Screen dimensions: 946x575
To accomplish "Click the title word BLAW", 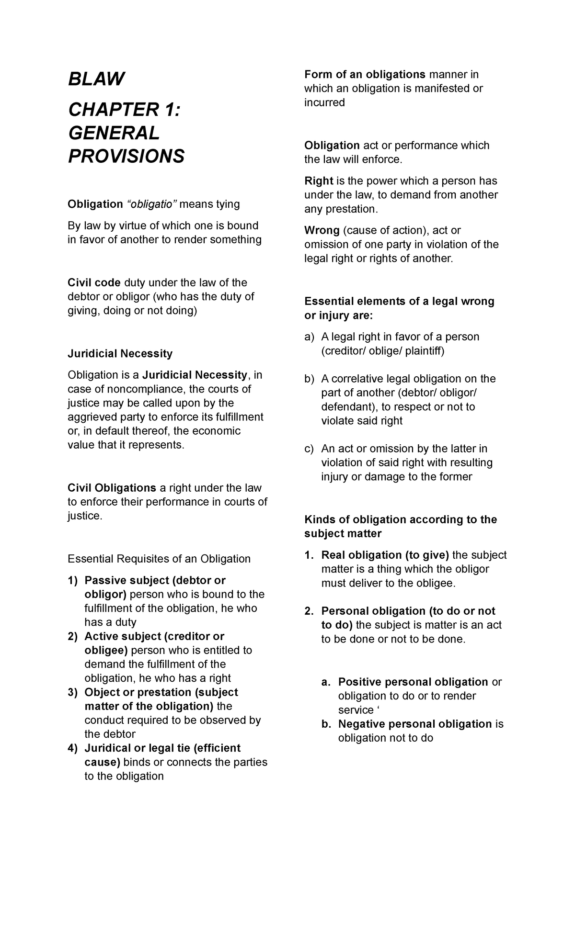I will [96, 79].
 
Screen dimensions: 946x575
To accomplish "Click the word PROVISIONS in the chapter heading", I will [126, 156].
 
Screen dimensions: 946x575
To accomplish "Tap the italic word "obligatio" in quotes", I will [151, 204].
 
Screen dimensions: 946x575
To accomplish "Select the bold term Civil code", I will [94, 282].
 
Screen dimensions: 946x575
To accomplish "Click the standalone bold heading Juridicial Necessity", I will [120, 353].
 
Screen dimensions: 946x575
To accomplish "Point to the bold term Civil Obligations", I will [112, 488].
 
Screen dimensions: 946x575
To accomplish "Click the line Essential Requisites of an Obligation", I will [159, 559].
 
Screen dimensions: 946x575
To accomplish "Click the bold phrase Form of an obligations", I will [365, 74].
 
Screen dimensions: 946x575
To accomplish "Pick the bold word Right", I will [319, 181].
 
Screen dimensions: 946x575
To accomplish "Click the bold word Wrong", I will [322, 230].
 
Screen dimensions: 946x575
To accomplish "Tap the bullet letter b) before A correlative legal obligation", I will [309, 379].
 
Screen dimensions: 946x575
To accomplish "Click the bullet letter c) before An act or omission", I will [309, 449].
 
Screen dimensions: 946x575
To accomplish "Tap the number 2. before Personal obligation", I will [309, 611].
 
